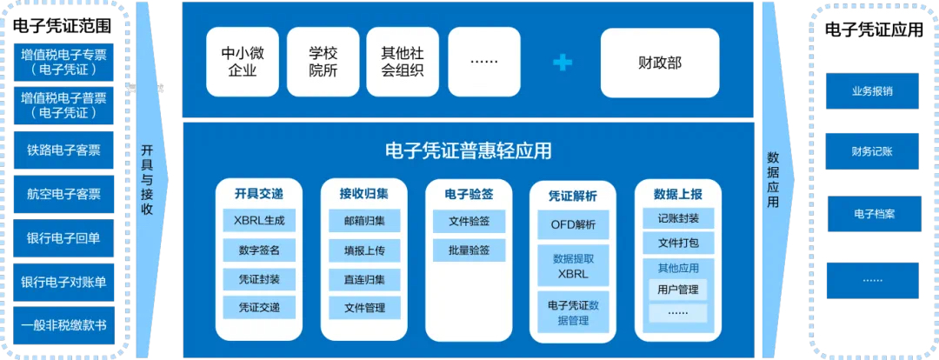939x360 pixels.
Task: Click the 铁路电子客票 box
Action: point(63,150)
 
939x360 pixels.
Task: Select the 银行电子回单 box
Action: point(63,237)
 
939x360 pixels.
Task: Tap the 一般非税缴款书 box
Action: point(63,326)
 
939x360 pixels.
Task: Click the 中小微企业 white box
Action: point(243,62)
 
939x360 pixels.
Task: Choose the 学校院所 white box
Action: point(323,62)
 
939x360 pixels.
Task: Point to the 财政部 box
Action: point(660,63)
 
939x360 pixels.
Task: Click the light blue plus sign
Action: point(563,62)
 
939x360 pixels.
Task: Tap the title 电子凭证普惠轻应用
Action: point(468,151)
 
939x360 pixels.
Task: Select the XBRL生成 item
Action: point(259,220)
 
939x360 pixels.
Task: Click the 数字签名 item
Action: point(259,250)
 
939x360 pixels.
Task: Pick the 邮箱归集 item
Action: point(364,220)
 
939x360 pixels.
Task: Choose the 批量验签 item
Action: point(469,250)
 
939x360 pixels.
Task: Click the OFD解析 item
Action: point(573,225)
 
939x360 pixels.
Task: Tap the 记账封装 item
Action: point(678,218)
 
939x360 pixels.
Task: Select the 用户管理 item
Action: point(678,290)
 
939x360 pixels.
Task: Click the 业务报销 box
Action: point(872,91)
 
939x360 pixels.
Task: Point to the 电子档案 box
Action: point(874,214)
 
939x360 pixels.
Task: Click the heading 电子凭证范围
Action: point(63,27)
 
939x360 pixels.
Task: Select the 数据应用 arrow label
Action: point(773,180)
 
